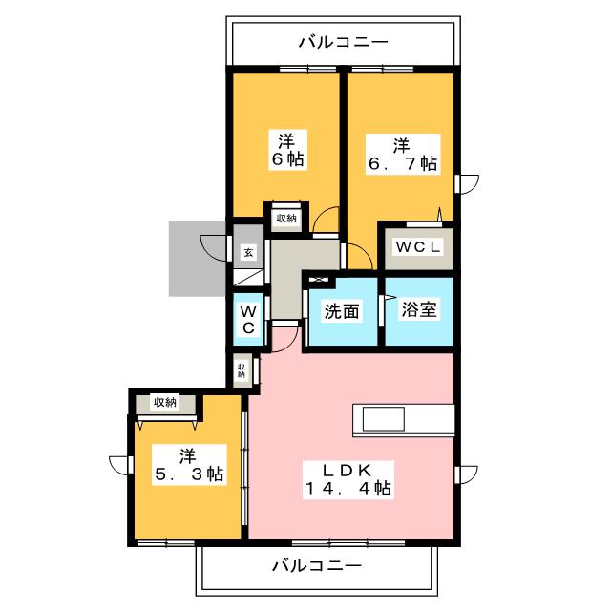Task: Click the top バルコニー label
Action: tap(344, 42)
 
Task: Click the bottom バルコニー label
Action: tap(317, 565)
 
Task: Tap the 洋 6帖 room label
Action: tap(287, 150)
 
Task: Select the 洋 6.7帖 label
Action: tap(403, 155)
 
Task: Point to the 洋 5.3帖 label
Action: tap(189, 465)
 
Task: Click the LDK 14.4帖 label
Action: tap(348, 479)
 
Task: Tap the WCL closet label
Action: tap(418, 246)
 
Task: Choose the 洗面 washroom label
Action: tap(342, 311)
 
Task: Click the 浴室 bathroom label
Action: tap(419, 309)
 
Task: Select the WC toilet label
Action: tap(248, 320)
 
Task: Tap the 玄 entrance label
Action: tap(248, 253)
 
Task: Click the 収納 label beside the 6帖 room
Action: tap(286, 219)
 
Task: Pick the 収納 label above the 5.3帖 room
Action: tap(165, 402)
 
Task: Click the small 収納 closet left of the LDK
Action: tap(242, 369)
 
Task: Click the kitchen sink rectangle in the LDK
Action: tap(383, 419)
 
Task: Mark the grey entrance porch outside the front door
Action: tap(198, 259)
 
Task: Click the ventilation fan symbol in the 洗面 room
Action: tap(319, 280)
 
